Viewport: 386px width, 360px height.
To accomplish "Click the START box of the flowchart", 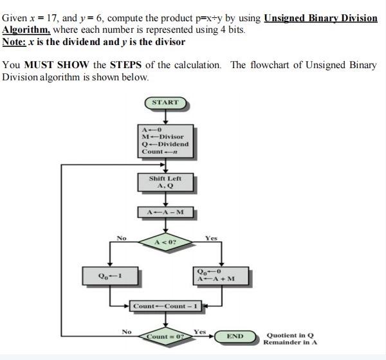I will [165, 102].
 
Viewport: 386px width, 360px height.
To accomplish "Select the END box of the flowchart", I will [235, 336].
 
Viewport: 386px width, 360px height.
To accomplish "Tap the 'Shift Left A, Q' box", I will [165, 183].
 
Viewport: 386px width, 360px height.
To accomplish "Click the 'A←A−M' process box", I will [165, 212].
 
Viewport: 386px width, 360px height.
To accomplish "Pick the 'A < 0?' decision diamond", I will [165, 242].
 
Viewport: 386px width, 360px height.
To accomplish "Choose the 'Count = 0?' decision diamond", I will [165, 336].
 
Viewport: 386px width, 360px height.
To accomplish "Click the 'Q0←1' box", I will [110, 276].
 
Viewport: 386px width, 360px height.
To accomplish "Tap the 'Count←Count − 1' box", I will [165, 306].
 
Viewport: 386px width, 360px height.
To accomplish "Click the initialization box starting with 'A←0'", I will [165, 140].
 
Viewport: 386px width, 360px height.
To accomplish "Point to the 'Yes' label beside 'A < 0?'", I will [211, 239].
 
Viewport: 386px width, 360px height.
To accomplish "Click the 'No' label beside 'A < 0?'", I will [121, 239].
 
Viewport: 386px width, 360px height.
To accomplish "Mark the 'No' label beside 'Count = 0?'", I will [127, 332].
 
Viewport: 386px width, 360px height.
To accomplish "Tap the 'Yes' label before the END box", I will [200, 332].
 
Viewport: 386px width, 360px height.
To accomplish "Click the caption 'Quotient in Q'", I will [288, 334].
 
